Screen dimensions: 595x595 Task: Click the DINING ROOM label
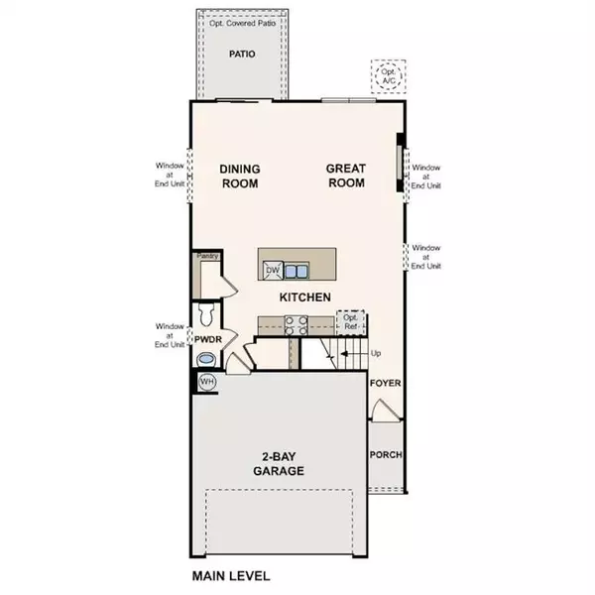pyautogui.click(x=239, y=176)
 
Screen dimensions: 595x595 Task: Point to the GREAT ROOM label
pyautogui.click(x=345, y=176)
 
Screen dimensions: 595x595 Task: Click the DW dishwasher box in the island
pyautogui.click(x=272, y=269)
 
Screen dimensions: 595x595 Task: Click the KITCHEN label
pyautogui.click(x=304, y=297)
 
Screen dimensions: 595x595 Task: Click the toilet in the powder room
pyautogui.click(x=206, y=315)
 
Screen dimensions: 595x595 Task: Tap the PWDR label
pyautogui.click(x=206, y=340)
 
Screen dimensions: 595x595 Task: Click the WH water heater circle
pyautogui.click(x=207, y=381)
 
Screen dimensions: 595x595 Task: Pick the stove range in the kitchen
pyautogui.click(x=296, y=321)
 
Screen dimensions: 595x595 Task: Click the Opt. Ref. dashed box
pyautogui.click(x=350, y=321)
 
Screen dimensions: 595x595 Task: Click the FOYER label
pyautogui.click(x=385, y=382)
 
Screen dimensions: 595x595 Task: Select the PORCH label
pyautogui.click(x=386, y=456)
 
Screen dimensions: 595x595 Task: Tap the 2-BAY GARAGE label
pyautogui.click(x=279, y=464)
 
